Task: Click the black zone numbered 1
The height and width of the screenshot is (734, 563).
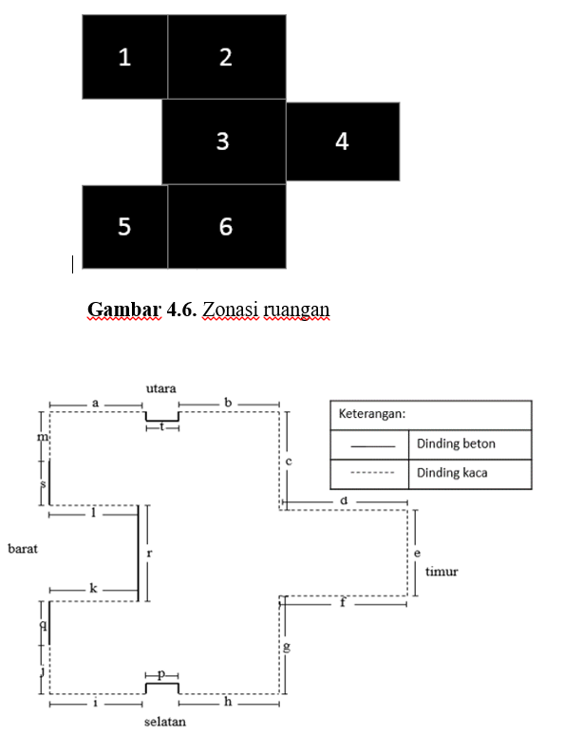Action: tap(125, 57)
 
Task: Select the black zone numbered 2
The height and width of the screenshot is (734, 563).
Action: tap(227, 57)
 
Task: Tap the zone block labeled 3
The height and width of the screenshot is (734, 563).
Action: tap(224, 141)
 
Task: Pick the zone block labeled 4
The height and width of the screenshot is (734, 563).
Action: tap(343, 141)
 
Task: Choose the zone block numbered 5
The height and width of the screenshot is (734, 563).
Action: tap(125, 227)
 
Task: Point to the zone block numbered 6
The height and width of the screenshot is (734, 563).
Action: tap(227, 227)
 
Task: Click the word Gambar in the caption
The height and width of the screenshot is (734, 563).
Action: tap(124, 310)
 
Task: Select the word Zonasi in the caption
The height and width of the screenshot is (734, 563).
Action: tap(231, 310)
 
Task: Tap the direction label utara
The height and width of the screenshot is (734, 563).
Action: tap(161, 388)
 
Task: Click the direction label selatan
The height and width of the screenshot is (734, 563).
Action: tap(165, 722)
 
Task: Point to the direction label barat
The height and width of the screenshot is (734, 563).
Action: tap(23, 548)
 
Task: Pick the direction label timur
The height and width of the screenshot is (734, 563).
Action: tap(441, 571)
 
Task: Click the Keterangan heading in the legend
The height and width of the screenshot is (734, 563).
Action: tap(372, 414)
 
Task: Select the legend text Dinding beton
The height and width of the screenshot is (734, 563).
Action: tap(456, 443)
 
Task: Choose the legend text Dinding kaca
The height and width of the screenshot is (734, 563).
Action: tap(452, 472)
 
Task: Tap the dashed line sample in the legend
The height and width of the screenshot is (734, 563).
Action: tap(372, 473)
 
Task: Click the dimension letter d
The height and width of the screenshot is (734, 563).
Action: tap(344, 500)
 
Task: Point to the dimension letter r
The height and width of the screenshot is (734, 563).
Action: tap(149, 554)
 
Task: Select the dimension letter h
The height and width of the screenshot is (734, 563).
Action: tap(228, 701)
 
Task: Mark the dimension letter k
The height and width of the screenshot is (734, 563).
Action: tap(93, 589)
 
